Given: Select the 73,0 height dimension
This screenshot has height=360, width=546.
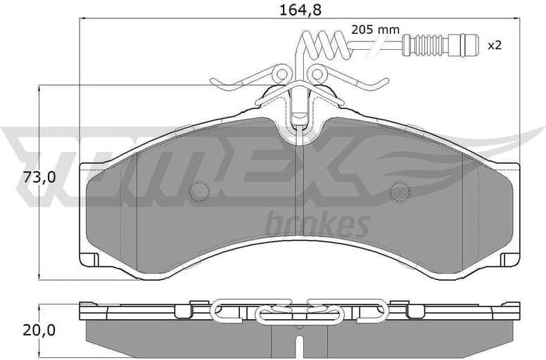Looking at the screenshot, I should pos(20,178).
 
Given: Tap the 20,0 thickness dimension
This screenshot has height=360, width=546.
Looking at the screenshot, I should pos(20,330).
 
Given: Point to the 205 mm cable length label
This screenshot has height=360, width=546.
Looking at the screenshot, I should pos(375,30).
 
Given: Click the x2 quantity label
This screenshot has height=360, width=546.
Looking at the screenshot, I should pos(495,45).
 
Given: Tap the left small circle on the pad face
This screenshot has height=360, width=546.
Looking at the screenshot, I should pos(201,191).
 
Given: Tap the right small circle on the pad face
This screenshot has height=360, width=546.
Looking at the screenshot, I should pos(400,191).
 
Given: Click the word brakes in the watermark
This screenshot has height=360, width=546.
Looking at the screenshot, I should pos(319,225).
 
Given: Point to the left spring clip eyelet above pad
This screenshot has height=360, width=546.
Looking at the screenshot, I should pos(281,73).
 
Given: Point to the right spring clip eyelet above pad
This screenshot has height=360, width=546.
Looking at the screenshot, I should pos(318,73).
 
